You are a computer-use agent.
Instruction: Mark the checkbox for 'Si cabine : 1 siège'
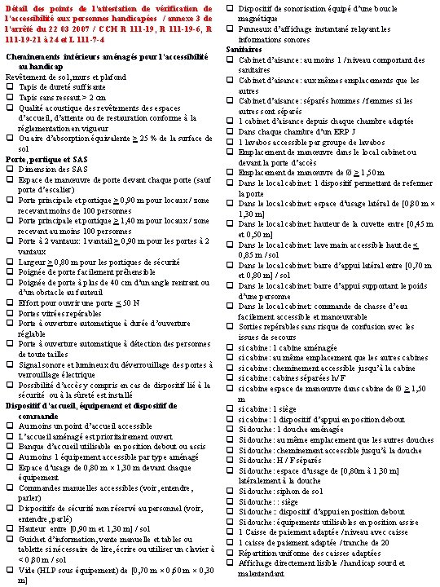(x=231, y=412)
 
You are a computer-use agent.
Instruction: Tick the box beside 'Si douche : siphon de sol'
(x=231, y=488)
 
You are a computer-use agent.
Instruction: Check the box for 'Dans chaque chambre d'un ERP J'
(x=231, y=131)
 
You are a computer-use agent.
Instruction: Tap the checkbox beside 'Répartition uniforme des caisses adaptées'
(x=231, y=552)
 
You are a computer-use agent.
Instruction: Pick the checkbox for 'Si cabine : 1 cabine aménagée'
(x=231, y=346)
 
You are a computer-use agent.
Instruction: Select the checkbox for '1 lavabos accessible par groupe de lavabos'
(x=231, y=142)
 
